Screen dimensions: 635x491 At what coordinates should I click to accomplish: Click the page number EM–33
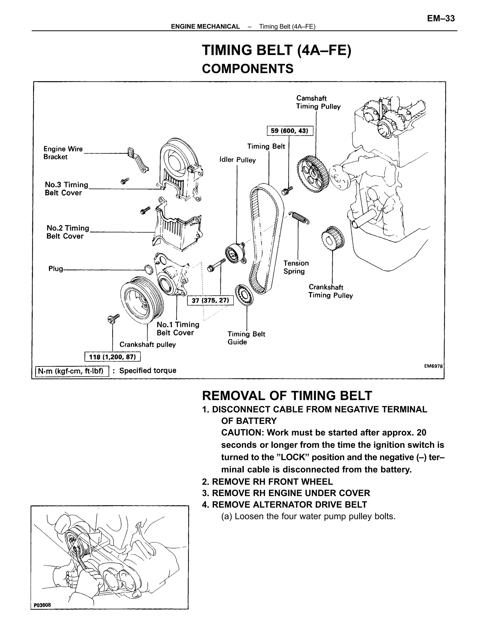click(x=440, y=19)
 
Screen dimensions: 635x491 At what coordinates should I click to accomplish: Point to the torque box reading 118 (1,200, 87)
click(x=112, y=357)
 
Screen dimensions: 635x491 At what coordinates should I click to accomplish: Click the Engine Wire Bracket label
click(x=63, y=153)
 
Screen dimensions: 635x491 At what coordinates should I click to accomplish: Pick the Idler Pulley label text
click(x=237, y=160)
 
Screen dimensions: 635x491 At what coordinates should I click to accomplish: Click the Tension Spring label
click(x=296, y=267)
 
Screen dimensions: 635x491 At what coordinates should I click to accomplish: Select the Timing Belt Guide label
click(x=246, y=338)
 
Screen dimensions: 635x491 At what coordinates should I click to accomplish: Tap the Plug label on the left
click(x=56, y=269)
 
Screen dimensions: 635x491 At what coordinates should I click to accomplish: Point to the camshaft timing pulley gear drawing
click(x=313, y=174)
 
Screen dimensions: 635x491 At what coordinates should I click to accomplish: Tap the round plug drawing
click(x=149, y=269)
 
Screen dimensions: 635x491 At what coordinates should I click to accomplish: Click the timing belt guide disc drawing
click(x=244, y=295)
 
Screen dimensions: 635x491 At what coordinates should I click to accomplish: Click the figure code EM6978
click(x=433, y=366)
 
